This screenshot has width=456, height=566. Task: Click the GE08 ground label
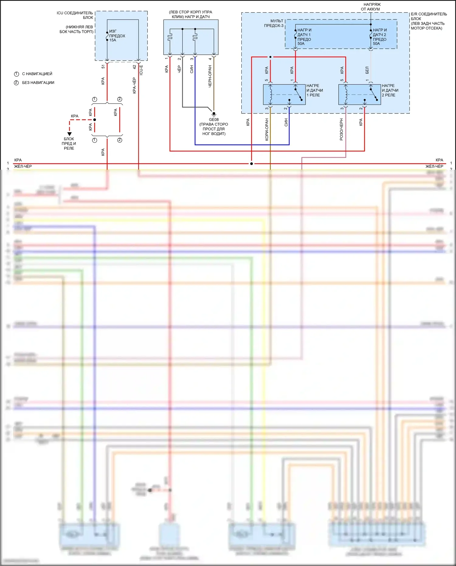pos(214,120)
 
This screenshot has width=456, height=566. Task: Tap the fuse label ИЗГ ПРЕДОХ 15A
pos(117,36)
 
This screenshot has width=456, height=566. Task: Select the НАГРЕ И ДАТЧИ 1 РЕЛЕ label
pos(315,90)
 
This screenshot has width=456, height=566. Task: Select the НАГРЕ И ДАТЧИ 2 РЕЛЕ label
pos(390,90)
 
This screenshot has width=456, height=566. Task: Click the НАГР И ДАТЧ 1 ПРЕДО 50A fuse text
pos(304,37)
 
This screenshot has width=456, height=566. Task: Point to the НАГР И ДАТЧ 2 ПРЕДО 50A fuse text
pos(380,37)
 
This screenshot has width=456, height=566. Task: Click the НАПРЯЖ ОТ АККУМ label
pos(371,7)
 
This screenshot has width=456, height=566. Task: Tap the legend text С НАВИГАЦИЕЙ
pos(37,74)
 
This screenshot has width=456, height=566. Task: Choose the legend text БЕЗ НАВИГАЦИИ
pos(38,83)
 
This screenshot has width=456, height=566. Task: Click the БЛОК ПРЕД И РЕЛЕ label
pos(69,144)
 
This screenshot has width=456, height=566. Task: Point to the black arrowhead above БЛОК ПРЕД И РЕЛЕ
pos(70,134)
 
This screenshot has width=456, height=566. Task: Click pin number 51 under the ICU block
pos(103,66)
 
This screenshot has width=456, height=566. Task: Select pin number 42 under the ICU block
pos(134,67)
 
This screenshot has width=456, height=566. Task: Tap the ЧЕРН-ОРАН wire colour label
pos(210,76)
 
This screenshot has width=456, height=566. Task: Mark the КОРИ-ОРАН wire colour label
pos(267,130)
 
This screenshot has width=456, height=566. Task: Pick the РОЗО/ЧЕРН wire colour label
pos(341,130)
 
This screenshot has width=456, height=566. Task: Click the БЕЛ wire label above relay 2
pos(367,70)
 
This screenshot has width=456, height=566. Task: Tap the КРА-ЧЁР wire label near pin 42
pos(134,85)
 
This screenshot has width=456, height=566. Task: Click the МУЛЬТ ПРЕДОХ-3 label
pos(274,23)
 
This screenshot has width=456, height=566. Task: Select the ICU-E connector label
pos(141,70)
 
